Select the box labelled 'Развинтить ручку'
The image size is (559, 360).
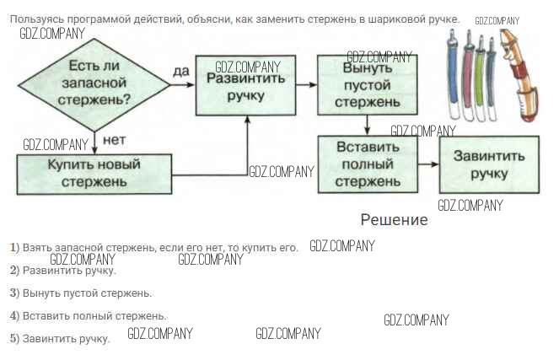245,85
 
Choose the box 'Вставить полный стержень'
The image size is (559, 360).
368,164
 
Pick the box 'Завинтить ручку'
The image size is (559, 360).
488,164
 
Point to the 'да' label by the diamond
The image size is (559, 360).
181,72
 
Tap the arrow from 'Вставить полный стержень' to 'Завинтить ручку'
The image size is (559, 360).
428,164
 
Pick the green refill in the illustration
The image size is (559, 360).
479,72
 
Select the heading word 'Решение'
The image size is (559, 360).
394,220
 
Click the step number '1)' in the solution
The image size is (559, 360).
14,248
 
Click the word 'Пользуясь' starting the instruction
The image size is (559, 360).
46,19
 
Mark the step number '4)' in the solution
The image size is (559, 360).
14,316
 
